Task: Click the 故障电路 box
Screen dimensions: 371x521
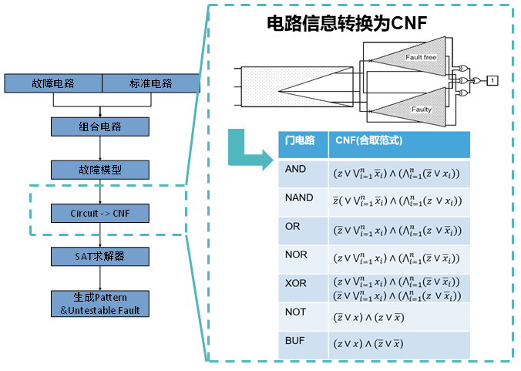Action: pos(53,83)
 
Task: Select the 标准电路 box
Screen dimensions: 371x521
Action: pos(151,83)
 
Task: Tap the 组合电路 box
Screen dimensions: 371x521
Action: pos(100,126)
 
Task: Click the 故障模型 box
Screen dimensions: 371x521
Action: pos(100,170)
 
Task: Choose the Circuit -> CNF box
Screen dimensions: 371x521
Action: pos(100,212)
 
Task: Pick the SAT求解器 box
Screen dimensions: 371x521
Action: pos(100,255)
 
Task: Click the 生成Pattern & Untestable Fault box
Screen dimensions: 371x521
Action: pos(100,304)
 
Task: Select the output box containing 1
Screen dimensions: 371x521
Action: pos(492,79)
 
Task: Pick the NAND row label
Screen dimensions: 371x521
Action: pos(299,197)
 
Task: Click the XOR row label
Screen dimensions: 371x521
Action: pos(296,283)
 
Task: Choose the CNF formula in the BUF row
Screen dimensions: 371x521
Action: pos(368,344)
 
